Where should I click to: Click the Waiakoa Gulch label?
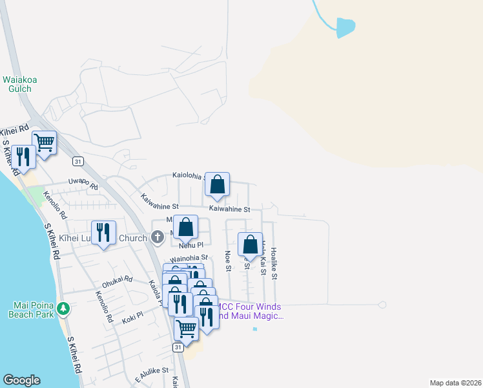point(21,84)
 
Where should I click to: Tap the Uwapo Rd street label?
point(83,184)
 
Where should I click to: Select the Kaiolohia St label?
point(188,175)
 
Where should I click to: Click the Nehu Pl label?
point(191,246)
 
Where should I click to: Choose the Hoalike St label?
point(274,263)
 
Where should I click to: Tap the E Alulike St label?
point(151,374)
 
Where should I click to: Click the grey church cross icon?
point(156,238)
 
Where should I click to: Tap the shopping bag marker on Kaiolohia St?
point(218,184)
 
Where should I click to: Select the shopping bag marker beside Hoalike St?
point(250,244)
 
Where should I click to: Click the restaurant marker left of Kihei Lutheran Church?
point(103,233)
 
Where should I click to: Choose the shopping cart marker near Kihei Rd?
point(44,142)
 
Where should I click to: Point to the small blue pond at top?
point(345,27)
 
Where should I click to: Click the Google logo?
point(21,380)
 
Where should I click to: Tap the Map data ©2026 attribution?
point(455,383)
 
